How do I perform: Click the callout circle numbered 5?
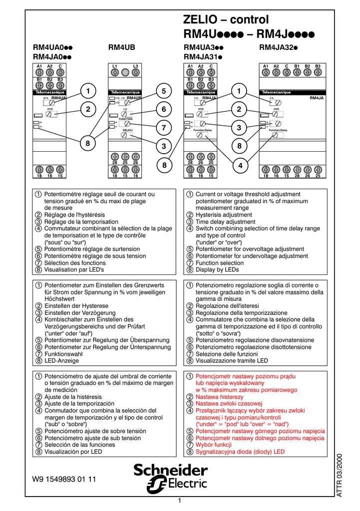point(163,90)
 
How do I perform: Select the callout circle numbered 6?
point(163,109)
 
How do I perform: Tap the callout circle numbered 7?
point(163,128)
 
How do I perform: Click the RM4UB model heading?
point(122,48)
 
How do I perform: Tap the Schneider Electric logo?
point(170,478)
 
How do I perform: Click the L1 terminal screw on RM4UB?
point(114,72)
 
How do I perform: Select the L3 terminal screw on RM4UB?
point(135,72)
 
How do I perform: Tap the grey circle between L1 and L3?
point(125,72)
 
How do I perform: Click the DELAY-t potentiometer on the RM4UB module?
point(125,135)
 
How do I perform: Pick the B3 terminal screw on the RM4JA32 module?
point(318,72)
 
